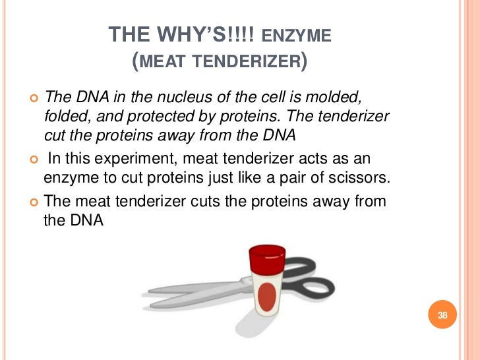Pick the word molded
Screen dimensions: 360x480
pos(337,98)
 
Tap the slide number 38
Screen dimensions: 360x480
pos(442,315)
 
